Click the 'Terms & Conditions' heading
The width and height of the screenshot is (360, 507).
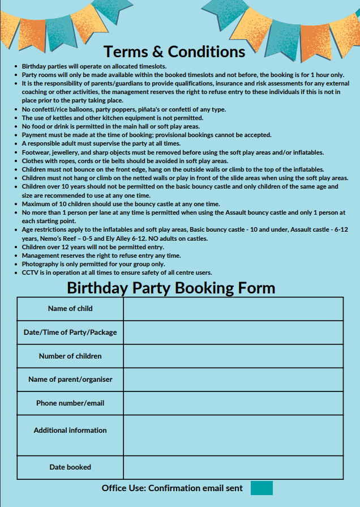point(174,52)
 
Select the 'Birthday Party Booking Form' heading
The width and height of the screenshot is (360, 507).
point(171,288)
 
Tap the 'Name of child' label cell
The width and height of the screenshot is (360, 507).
point(70,309)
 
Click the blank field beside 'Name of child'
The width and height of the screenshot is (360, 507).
point(233,309)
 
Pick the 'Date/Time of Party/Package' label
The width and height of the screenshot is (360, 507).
point(70,333)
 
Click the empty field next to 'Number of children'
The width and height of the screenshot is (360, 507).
point(233,356)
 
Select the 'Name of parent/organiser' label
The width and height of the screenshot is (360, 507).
point(70,380)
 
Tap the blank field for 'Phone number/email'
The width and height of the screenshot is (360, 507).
point(233,403)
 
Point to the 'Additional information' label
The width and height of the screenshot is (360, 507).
point(70,431)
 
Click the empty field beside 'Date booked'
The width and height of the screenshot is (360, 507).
point(233,467)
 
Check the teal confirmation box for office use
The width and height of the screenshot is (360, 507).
point(262,488)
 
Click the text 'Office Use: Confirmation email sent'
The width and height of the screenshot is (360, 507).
point(172,488)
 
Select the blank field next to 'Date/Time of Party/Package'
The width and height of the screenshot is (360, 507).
point(233,333)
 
